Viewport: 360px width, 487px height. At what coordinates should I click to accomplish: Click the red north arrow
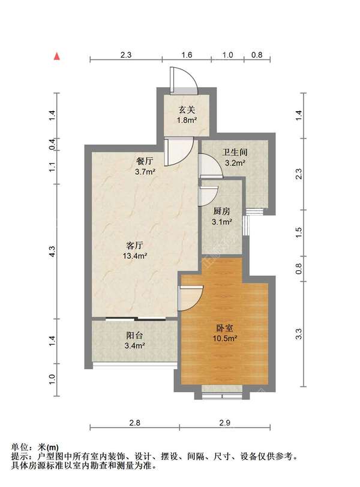coord(57,56)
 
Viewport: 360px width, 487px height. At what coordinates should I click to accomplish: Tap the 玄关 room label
coord(187,110)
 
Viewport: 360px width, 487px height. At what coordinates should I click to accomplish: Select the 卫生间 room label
coord(235,152)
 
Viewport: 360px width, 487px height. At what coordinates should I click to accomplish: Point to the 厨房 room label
coord(221,211)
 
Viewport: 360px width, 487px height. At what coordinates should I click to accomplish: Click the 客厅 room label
coord(134,246)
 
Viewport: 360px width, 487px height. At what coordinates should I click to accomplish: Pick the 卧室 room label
coord(224,328)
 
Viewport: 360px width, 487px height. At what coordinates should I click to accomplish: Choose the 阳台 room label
coord(134,336)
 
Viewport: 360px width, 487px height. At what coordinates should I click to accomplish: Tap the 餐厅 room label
coord(145,161)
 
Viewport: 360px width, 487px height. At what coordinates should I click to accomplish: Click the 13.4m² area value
coord(134,256)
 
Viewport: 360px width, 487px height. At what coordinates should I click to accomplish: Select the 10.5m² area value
coord(224,338)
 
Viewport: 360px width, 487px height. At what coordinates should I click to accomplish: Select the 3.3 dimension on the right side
coord(299,334)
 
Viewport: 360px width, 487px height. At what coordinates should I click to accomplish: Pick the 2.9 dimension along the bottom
coord(224,423)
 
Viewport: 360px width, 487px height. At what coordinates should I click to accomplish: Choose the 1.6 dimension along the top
coord(187,55)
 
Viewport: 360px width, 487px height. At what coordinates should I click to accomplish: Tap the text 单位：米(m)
coord(35,447)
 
